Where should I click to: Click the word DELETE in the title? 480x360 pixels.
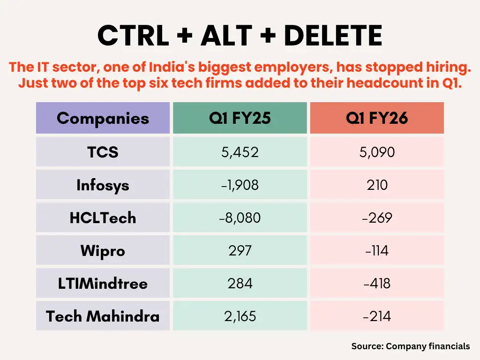[333, 36]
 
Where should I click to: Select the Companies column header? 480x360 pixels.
[103, 118]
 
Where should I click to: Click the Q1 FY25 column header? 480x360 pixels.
[240, 118]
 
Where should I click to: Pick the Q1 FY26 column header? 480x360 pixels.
[377, 118]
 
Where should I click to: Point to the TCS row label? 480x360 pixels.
[103, 152]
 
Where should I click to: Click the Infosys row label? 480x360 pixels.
[103, 185]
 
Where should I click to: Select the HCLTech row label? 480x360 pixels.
[103, 218]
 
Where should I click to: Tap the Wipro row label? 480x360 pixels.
[103, 251]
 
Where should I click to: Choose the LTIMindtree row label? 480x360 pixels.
[103, 284]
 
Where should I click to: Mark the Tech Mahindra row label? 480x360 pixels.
[103, 316]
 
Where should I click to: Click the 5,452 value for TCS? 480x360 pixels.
[240, 152]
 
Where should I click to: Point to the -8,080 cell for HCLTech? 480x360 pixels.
[240, 218]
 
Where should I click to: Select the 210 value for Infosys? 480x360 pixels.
[377, 185]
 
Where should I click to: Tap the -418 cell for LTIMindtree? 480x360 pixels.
[377, 284]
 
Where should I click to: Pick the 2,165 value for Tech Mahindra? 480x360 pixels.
[240, 316]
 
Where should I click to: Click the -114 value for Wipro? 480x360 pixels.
[377, 251]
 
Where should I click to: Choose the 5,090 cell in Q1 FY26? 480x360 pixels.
[377, 152]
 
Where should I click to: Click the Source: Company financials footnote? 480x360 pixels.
[410, 346]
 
